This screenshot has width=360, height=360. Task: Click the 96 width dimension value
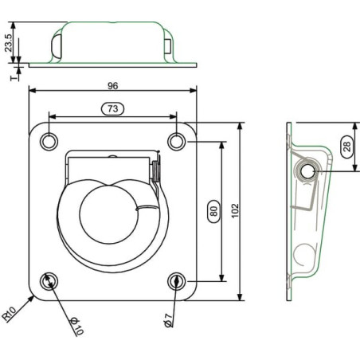[x=112, y=86]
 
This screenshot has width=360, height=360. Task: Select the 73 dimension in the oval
[x=113, y=108]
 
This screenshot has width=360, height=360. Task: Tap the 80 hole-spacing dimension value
[x=213, y=211]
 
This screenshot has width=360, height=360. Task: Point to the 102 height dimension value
[x=235, y=211]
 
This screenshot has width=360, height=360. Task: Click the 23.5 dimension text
[x=8, y=42]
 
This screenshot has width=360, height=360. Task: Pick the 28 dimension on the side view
[x=347, y=147]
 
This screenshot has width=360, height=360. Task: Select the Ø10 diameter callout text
[x=76, y=326]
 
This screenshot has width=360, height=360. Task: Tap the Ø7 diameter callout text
[x=168, y=320]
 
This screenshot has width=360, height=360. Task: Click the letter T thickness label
[x=13, y=78]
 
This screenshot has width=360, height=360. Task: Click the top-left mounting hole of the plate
[x=49, y=142]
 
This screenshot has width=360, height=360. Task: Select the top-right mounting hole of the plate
[x=177, y=142]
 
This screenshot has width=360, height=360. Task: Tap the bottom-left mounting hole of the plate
[x=49, y=281]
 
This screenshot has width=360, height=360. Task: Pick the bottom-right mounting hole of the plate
[x=177, y=281]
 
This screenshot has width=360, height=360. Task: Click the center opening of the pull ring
[x=108, y=214]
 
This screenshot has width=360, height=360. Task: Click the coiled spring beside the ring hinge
[x=156, y=171]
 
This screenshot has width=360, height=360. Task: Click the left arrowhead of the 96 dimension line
[x=32, y=91]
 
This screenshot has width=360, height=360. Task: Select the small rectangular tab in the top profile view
[x=168, y=46]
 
